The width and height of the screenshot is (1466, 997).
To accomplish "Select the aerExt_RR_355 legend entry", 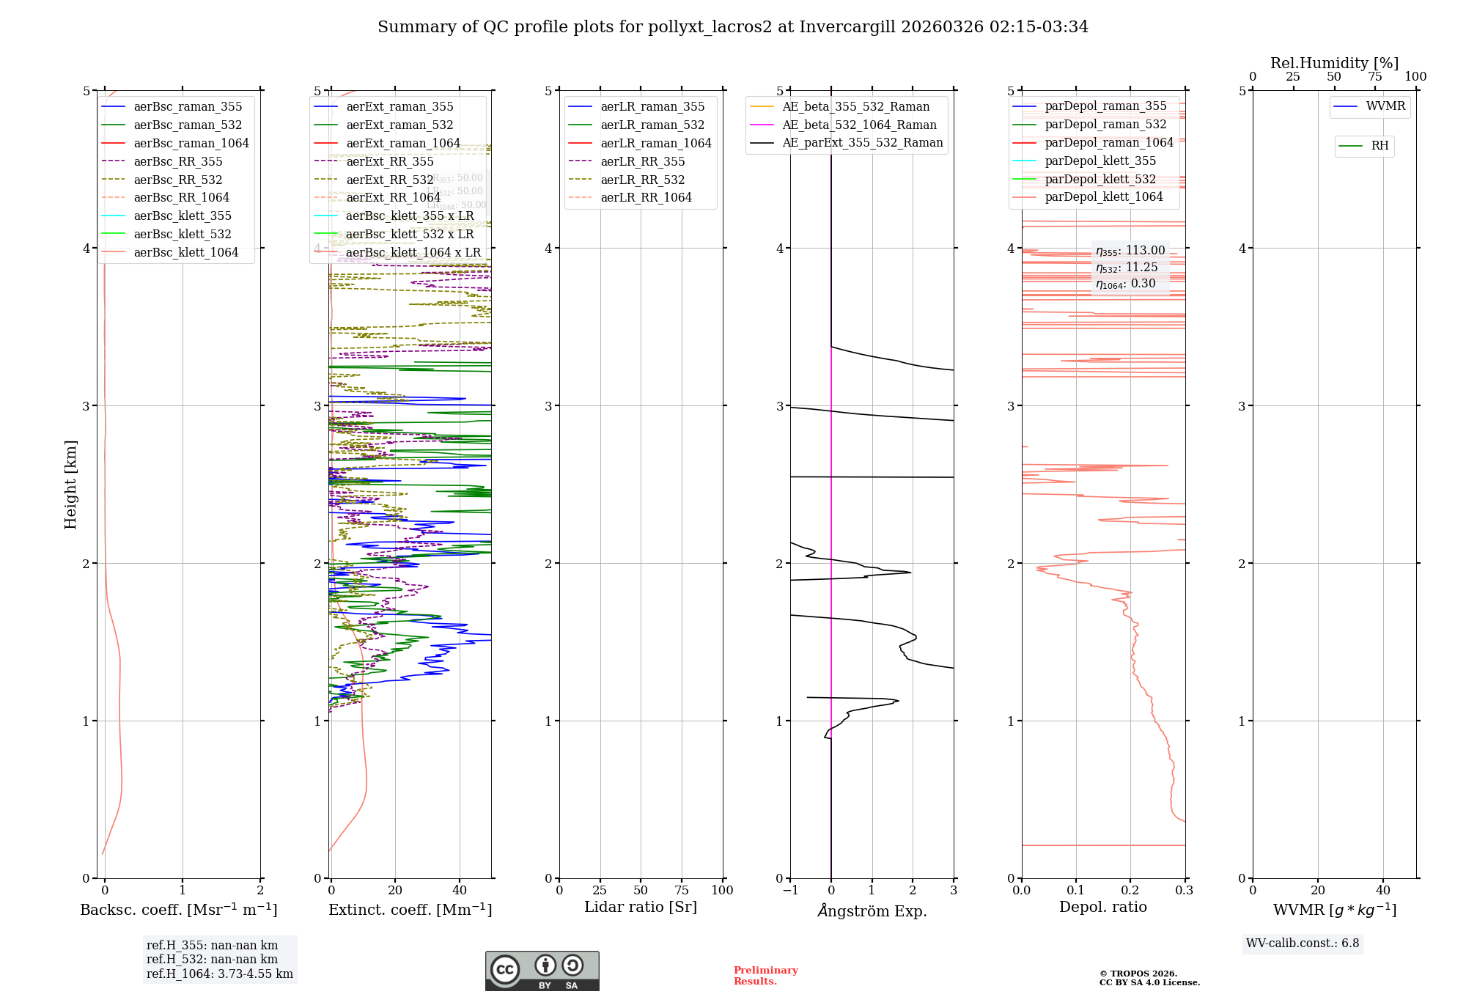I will (389, 161).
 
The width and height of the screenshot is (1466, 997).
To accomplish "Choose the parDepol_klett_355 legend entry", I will (1099, 161).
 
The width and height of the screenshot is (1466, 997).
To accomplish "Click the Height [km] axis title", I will (70, 485).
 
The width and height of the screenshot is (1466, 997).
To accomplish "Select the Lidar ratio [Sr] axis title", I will (641, 907).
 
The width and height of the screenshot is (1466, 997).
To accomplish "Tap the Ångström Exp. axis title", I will (872, 910).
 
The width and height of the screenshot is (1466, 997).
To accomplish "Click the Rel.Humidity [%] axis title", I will (1334, 63).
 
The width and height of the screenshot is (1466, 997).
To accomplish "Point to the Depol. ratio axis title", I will (1102, 907).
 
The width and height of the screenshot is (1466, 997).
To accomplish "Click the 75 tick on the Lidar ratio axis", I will (682, 890).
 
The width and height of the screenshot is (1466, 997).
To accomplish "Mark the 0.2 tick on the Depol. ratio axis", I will (1130, 890).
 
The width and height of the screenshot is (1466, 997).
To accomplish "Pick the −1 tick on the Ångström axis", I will (790, 890).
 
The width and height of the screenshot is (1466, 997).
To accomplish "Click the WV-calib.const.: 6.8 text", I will (1303, 943).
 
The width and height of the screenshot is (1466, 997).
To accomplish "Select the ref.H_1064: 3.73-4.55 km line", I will (220, 974).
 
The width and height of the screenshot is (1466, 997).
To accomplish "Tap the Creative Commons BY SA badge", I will (542, 971).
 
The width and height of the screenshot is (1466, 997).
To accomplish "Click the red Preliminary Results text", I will (765, 976).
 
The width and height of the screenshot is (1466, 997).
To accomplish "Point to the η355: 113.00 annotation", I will (1130, 251).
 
